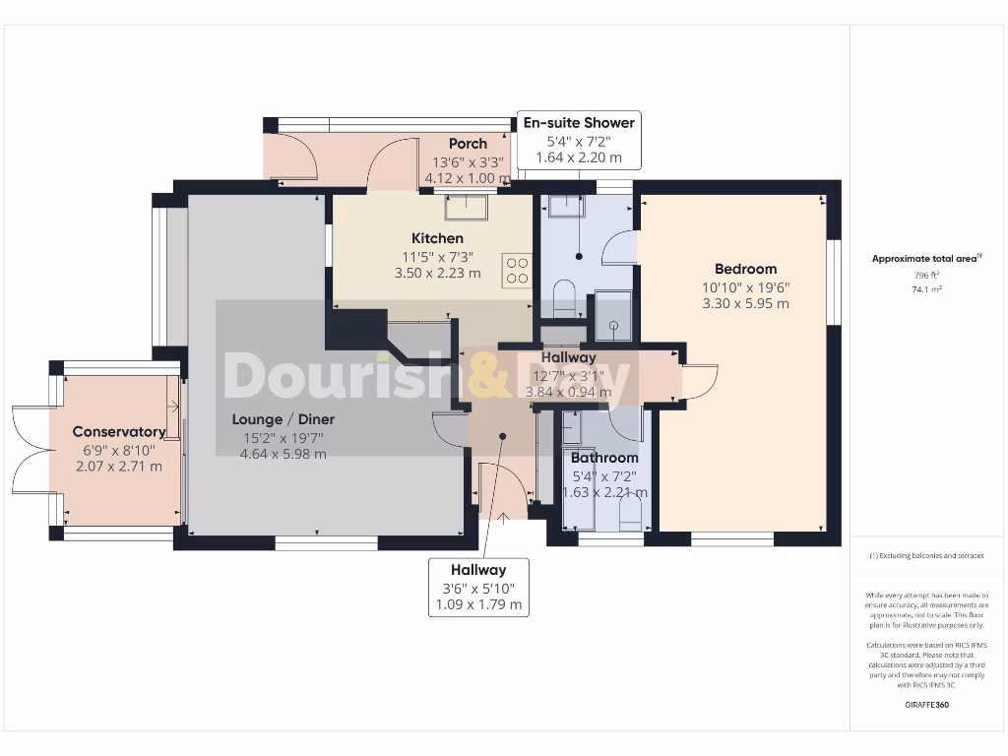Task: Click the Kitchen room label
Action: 437,238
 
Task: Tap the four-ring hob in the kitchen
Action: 517,270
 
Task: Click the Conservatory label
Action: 118,431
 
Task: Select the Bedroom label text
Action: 745,269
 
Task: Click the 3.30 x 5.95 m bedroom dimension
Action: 745,304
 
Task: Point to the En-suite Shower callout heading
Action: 579,123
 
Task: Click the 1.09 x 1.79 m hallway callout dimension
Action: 479,604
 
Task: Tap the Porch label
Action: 468,144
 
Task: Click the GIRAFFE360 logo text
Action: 926,705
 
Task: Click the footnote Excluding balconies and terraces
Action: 926,556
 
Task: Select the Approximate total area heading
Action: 924,259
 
